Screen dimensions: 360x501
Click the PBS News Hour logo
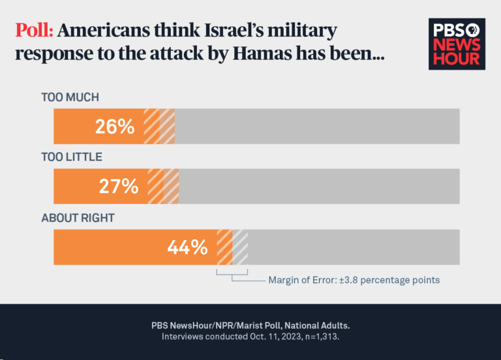[457, 44]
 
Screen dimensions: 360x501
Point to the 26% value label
[115, 127]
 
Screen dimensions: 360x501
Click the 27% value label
[119, 187]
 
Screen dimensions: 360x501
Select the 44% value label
[187, 247]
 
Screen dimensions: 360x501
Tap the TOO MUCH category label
[70, 98]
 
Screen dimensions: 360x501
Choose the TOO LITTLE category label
[72, 158]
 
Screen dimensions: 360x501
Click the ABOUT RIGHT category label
[78, 218]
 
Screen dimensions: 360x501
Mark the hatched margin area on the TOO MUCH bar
[159, 127]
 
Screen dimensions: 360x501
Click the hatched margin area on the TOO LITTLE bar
[164, 187]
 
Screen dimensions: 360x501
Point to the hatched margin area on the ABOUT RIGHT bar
[232, 247]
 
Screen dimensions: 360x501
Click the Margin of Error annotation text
[354, 280]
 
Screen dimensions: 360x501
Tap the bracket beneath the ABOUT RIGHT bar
[232, 273]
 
